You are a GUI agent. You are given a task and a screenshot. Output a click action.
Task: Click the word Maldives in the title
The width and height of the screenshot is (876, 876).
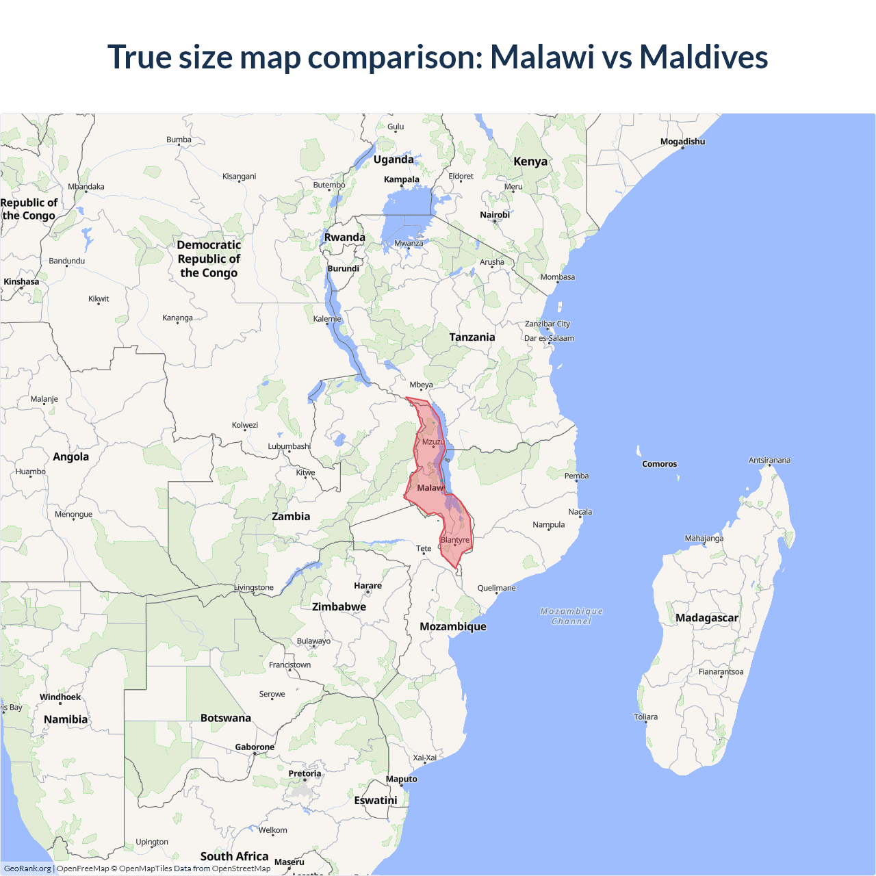click(x=704, y=57)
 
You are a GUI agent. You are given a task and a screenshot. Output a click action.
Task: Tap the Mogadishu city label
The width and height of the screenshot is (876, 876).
click(x=682, y=142)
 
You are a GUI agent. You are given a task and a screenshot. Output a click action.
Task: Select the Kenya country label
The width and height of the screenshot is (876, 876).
click(x=530, y=162)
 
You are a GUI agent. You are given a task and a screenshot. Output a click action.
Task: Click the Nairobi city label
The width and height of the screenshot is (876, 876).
click(x=495, y=215)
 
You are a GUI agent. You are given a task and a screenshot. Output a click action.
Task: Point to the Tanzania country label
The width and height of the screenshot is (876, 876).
click(x=472, y=337)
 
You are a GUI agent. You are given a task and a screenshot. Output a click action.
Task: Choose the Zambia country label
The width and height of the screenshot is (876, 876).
click(x=291, y=516)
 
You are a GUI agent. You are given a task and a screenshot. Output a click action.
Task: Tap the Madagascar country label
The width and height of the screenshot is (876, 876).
click(x=707, y=617)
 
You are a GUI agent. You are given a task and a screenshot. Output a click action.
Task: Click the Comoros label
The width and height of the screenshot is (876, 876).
click(x=659, y=464)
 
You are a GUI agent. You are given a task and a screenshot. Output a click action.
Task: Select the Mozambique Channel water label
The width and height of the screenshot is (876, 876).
click(x=571, y=616)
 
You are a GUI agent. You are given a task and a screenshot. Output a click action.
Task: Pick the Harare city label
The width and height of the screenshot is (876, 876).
click(x=368, y=586)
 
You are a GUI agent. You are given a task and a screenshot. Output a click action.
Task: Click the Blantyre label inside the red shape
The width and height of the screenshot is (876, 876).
click(x=455, y=540)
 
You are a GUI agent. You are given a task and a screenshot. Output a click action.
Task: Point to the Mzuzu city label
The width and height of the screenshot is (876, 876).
click(x=433, y=441)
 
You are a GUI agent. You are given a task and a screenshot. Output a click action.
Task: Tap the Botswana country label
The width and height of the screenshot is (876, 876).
click(x=226, y=718)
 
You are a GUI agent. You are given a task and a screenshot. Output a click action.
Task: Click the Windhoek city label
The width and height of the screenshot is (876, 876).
click(x=60, y=697)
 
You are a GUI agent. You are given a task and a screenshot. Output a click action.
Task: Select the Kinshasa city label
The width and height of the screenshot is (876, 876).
click(x=21, y=281)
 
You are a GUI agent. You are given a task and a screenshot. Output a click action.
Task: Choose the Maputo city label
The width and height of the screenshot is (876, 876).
click(x=401, y=779)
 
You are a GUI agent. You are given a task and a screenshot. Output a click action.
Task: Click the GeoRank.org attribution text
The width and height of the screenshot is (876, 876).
click(x=27, y=868)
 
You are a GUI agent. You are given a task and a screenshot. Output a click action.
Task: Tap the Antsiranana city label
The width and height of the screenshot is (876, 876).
click(x=769, y=460)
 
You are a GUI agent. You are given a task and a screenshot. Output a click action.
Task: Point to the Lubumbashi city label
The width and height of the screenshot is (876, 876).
click(x=289, y=446)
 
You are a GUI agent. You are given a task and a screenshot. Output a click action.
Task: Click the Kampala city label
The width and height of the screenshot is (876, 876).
click(x=402, y=179)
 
